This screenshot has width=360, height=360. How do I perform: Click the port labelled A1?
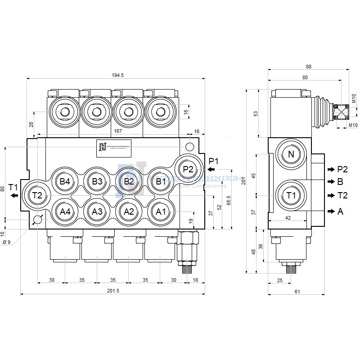[161, 211]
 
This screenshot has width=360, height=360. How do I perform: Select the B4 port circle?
[65, 182]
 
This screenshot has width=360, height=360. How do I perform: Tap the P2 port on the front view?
[188, 169]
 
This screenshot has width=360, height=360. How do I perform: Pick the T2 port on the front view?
[37, 195]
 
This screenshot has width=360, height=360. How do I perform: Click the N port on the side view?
[291, 154]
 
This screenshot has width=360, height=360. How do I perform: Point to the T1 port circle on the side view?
[291, 195]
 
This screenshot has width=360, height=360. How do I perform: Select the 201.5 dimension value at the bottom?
[113, 291]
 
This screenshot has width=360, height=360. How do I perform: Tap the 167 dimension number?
[118, 131]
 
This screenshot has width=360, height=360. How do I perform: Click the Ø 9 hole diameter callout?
[7, 242]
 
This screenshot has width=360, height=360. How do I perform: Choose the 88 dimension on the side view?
[308, 66]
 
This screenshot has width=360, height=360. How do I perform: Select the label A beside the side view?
[340, 211]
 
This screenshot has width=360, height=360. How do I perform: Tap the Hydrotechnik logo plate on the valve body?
[114, 148]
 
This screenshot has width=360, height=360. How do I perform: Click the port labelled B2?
[129, 182]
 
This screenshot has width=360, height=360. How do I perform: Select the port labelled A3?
[97, 211]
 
